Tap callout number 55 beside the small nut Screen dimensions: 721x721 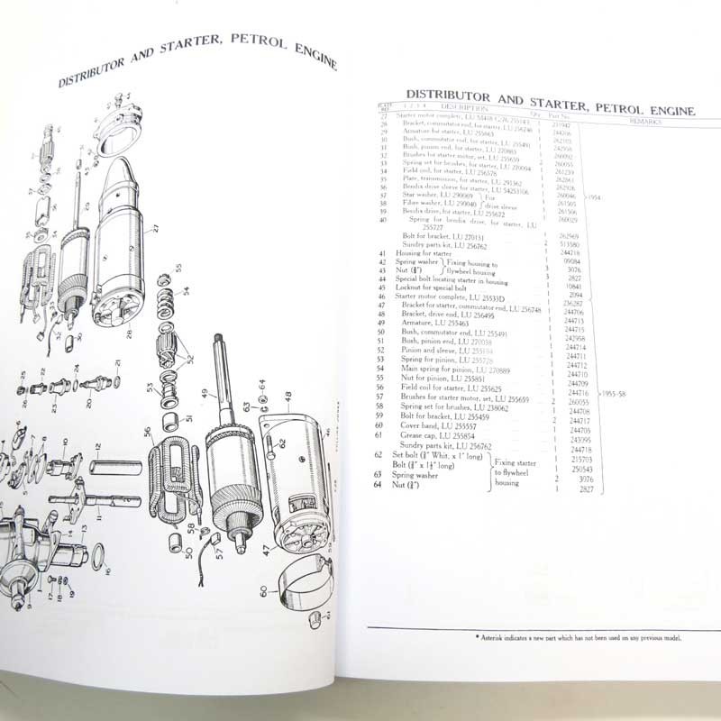click(x=179, y=269)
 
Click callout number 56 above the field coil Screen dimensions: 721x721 click(x=148, y=431)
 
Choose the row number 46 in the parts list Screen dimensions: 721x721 click(x=384, y=295)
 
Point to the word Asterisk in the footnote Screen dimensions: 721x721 click(x=497, y=637)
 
